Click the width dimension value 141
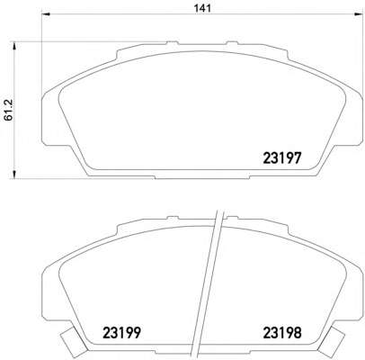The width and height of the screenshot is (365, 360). pyautogui.click(x=202, y=8)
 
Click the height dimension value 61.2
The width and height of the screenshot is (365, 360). pyautogui.click(x=9, y=110)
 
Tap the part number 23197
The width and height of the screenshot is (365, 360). pyautogui.click(x=281, y=157)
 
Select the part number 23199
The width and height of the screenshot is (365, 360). pyautogui.click(x=121, y=333)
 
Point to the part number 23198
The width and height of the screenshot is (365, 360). pyautogui.click(x=282, y=333)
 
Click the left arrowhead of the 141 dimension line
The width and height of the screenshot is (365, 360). pyautogui.click(x=46, y=14)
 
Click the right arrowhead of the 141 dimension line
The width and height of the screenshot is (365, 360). pyautogui.click(x=358, y=14)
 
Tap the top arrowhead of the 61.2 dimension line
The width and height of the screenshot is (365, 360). pyautogui.click(x=13, y=47)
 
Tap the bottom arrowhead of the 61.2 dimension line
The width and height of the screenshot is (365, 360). pyautogui.click(x=13, y=175)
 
